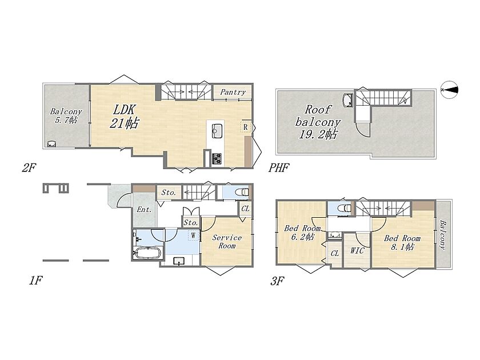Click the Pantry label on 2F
[233, 92]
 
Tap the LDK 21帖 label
[124, 116]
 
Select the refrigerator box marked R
[246, 127]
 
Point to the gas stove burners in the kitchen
[217, 158]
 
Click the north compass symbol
[450, 89]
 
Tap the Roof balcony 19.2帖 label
[318, 122]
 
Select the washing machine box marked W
[194, 235]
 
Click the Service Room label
[227, 242]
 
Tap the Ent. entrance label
[144, 210]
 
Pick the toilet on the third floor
[345, 209]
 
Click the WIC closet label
[357, 251]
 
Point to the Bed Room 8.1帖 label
[402, 242]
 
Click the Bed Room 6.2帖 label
[302, 233]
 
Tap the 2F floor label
[29, 167]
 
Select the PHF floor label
[279, 167]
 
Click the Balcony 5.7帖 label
[66, 115]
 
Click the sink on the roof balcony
[349, 100]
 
